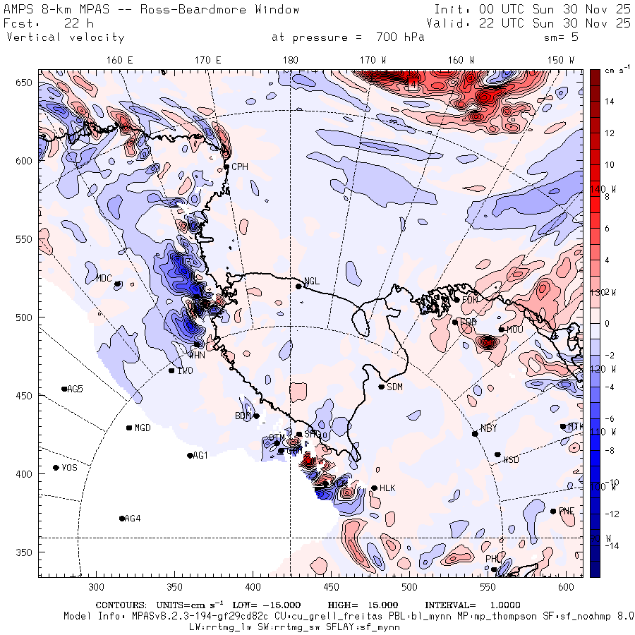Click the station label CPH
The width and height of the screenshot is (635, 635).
241,167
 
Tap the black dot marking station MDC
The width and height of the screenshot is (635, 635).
117,284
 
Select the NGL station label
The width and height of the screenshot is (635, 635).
311,281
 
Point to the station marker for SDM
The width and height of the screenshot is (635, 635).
382,387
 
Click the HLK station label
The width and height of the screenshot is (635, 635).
387,488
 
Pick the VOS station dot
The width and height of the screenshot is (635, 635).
56,468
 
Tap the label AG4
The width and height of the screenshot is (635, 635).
132,519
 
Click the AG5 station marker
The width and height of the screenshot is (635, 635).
64,389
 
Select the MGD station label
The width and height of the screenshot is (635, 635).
143,428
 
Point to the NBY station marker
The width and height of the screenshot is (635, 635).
475,433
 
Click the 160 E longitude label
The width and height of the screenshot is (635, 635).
120,60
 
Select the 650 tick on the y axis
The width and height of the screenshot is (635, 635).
25,83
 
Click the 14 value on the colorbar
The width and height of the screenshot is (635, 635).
610,102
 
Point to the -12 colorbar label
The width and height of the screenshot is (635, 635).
611,513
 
